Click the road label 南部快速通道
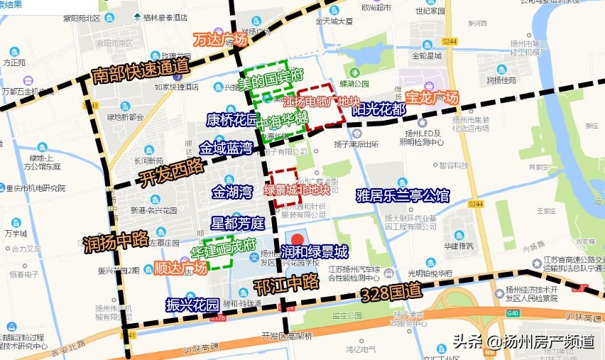coord(141,72)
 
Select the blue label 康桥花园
coord(231,119)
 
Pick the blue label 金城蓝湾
coord(226,148)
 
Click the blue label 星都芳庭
coord(237,223)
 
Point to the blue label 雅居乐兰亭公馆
coord(403,195)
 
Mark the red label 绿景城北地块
coord(297,190)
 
